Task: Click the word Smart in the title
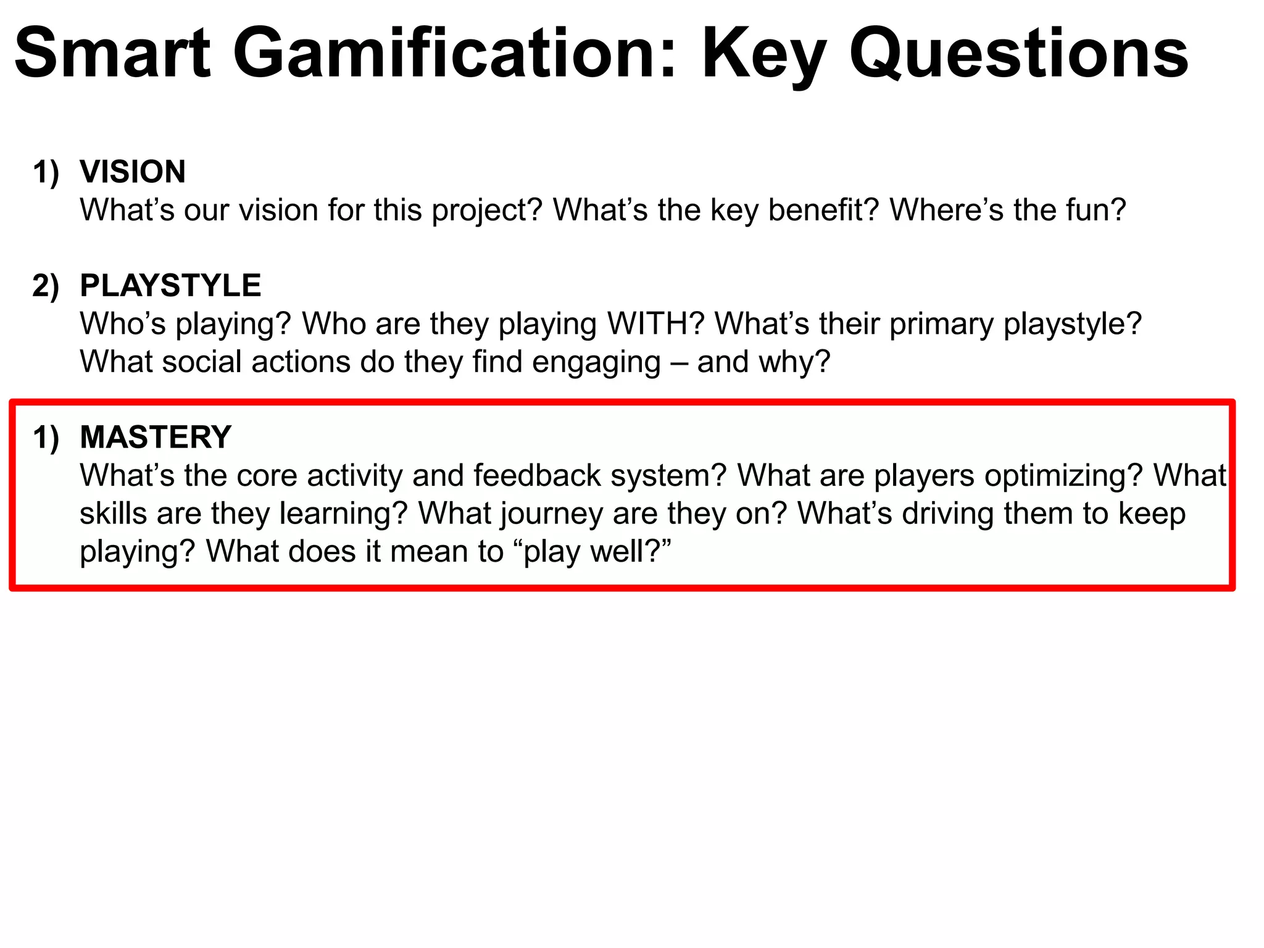113,54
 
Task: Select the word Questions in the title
1019,54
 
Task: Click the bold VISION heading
133,172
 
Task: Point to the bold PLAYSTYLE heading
170,286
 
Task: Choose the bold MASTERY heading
156,438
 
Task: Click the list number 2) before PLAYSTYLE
46,286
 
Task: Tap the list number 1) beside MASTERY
46,438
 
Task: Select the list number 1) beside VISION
46,172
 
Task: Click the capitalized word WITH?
655,324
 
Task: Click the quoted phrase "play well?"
592,552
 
